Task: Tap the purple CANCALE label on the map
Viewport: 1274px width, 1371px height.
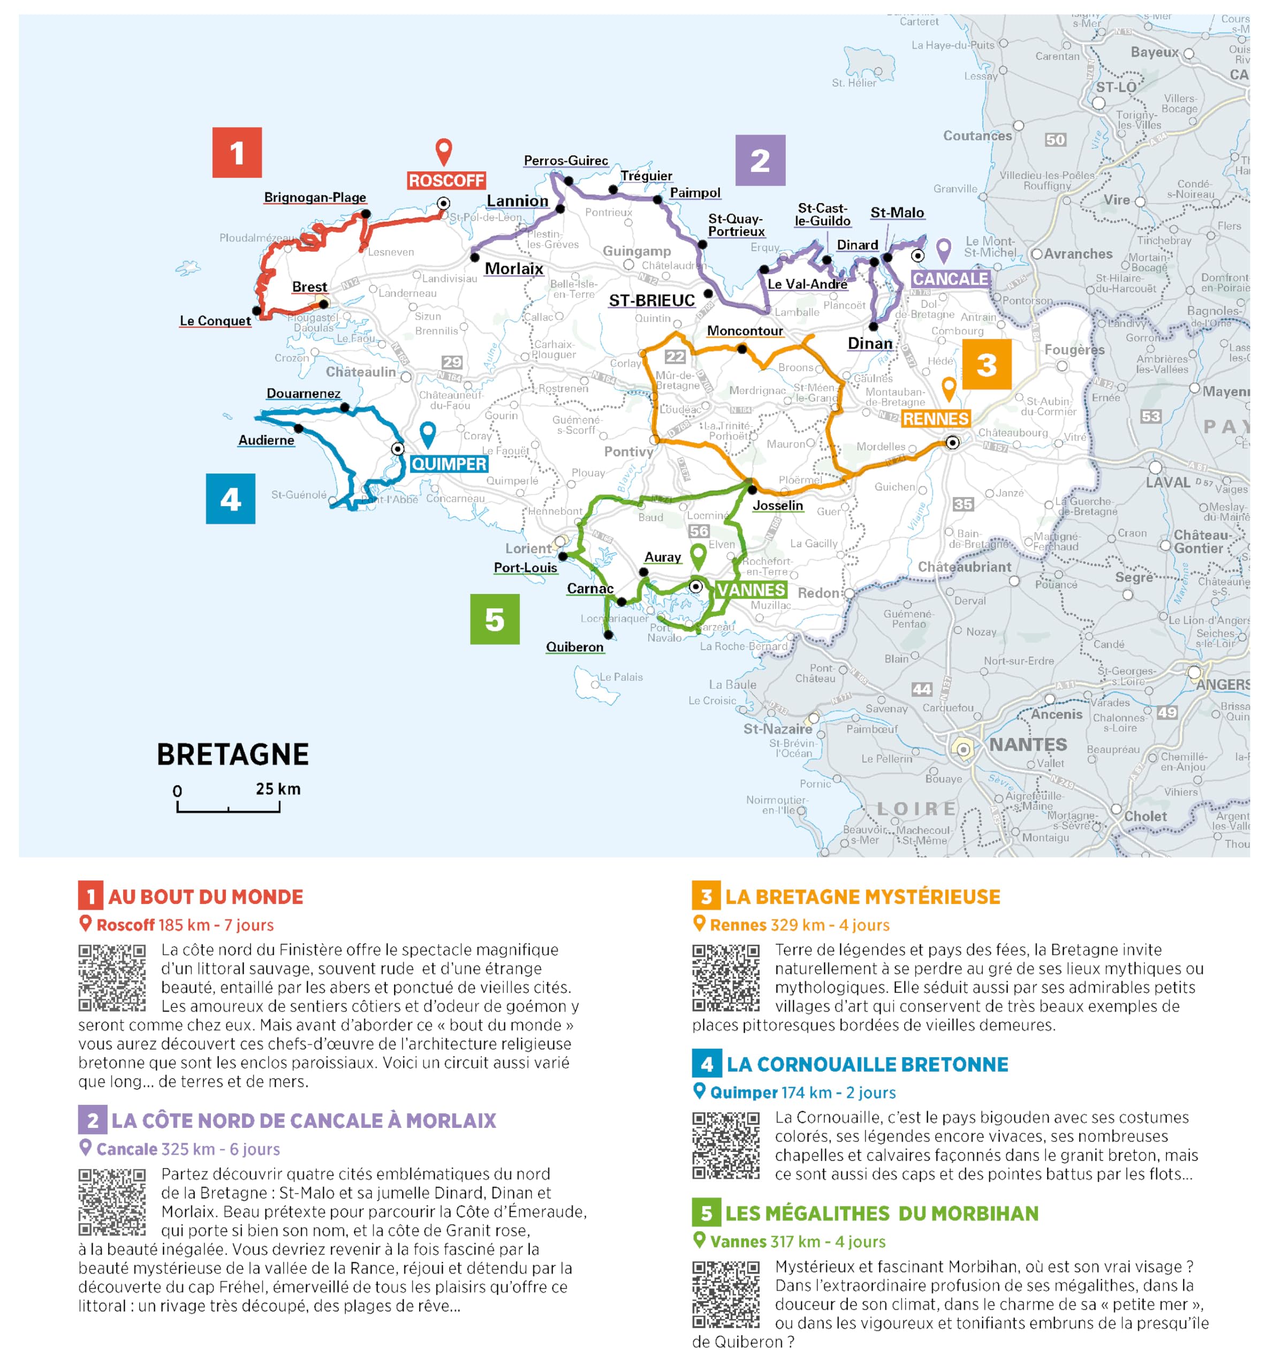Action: click(x=951, y=278)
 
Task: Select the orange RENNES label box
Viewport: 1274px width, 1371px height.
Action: click(x=936, y=419)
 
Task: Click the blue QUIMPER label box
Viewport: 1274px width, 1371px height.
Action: click(x=449, y=464)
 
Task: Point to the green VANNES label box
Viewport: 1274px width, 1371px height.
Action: click(x=750, y=590)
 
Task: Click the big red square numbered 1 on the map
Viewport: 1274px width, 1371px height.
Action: click(x=237, y=153)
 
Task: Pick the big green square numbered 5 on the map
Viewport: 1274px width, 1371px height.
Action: click(x=494, y=619)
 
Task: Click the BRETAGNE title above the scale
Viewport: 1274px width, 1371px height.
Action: click(x=232, y=755)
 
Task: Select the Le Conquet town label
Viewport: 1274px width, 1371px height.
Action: click(x=215, y=321)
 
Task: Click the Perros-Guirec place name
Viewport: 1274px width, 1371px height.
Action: click(x=565, y=161)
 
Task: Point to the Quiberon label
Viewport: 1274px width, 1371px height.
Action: click(x=574, y=647)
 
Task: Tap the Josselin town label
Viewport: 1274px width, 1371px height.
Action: click(x=778, y=506)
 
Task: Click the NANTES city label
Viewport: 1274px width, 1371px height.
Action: click(x=1027, y=745)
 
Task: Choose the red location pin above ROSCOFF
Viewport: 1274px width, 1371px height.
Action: click(x=443, y=150)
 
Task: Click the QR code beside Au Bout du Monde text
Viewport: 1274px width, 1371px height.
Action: click(x=112, y=978)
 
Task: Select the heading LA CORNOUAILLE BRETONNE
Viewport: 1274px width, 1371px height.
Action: click(x=867, y=1064)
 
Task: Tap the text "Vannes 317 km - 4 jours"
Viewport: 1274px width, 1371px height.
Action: click(x=798, y=1241)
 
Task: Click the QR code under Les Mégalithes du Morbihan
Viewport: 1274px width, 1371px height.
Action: click(x=725, y=1294)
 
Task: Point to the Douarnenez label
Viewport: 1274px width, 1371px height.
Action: click(x=304, y=393)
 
